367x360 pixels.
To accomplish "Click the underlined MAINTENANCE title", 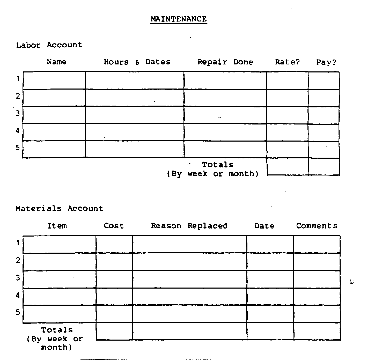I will (x=179, y=19).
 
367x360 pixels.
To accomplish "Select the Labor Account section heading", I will (x=49, y=45).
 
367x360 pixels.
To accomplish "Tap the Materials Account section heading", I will (x=59, y=209).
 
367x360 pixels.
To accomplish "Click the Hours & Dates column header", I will (x=137, y=62).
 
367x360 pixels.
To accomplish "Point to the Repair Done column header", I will (x=225, y=62).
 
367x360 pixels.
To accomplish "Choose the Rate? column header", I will (x=287, y=62).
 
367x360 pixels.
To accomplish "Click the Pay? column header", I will (x=326, y=62).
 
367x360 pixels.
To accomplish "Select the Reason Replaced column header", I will (x=189, y=226).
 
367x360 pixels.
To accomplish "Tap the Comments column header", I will (x=317, y=226).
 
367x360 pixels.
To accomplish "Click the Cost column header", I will (x=114, y=226).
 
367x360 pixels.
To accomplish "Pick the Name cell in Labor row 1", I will (x=54, y=80).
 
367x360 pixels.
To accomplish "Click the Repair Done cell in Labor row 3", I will (x=225, y=115).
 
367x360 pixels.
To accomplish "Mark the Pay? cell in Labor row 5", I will (x=324, y=149).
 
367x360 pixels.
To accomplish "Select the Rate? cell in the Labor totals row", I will (x=288, y=166).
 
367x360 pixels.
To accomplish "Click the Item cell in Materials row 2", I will (x=60, y=262).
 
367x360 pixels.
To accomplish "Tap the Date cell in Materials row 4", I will (x=270, y=297).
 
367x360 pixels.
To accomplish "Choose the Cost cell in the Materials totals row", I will (x=114, y=331).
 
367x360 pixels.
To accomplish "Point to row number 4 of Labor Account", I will (x=18, y=131).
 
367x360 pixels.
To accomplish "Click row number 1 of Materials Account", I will (x=18, y=243).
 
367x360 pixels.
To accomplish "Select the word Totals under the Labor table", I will (x=218, y=165).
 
